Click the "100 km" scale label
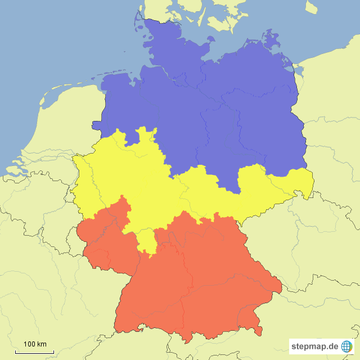(35, 344)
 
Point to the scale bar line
(34, 352)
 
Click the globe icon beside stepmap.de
(346, 346)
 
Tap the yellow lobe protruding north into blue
(147, 135)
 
